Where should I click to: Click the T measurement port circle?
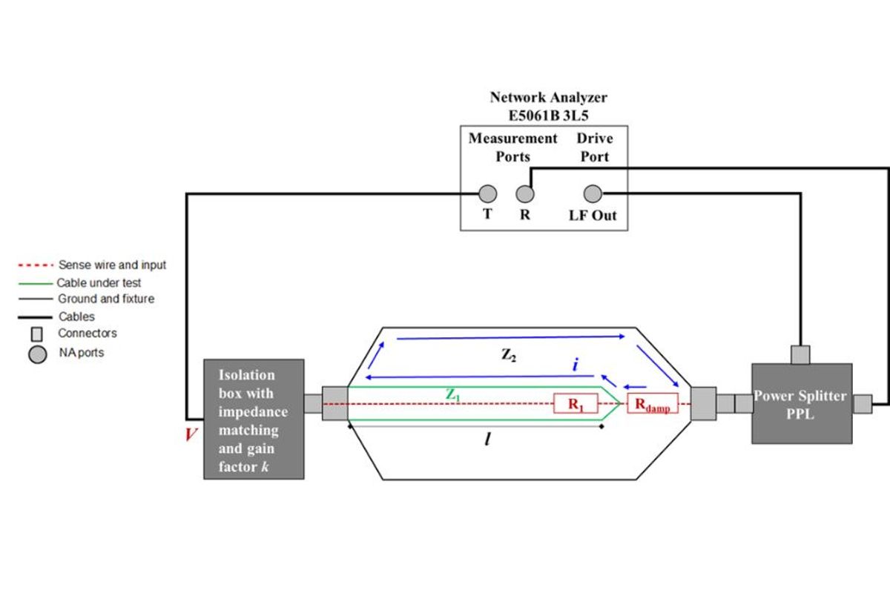point(487,194)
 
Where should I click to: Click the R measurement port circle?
point(524,194)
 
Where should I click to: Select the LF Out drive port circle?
point(592,194)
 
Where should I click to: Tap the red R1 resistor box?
point(576,404)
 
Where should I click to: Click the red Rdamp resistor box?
point(653,404)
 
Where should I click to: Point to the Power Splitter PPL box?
point(801,404)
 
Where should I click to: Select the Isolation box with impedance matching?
point(254,419)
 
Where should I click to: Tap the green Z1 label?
point(453,395)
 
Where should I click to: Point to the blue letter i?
point(575,365)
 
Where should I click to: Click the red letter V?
point(191,434)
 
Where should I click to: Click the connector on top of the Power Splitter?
point(801,354)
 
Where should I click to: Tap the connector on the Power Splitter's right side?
point(862,404)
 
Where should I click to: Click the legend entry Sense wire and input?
point(112,265)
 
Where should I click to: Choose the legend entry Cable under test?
point(99,282)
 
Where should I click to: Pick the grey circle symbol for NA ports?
point(37,355)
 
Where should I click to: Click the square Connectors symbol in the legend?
point(36,334)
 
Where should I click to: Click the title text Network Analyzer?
point(548,97)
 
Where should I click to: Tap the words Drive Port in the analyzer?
point(594,147)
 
